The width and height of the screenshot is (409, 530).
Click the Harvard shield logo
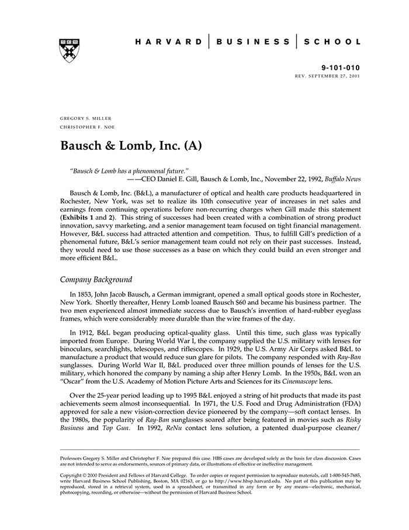[70, 50]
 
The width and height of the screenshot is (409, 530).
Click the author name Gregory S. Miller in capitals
[86, 118]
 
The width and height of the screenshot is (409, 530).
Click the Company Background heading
[96, 280]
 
